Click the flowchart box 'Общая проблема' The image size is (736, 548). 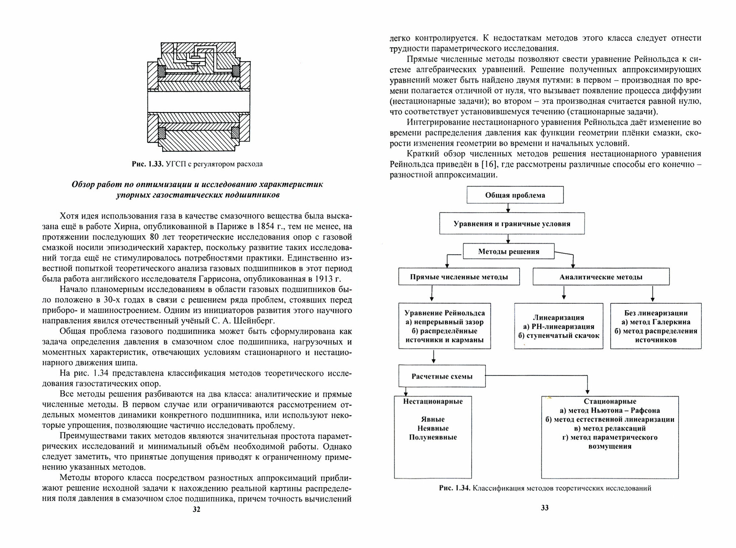pyautogui.click(x=515, y=195)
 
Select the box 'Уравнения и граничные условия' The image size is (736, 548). pyautogui.click(x=512, y=224)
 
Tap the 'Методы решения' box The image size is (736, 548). pyautogui.click(x=509, y=252)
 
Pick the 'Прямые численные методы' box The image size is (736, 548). pyautogui.click(x=459, y=277)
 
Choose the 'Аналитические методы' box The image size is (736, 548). pyautogui.click(x=601, y=277)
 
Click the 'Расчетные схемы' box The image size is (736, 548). pyautogui.click(x=442, y=376)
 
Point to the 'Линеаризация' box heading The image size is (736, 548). pyautogui.click(x=559, y=317)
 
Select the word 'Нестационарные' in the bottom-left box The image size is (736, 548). pyautogui.click(x=433, y=401)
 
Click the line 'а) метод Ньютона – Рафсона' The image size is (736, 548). pyautogui.click(x=610, y=410)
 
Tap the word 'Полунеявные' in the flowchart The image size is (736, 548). pyautogui.click(x=433, y=437)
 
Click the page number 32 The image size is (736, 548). pyautogui.click(x=197, y=509)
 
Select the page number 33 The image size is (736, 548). pyautogui.click(x=545, y=508)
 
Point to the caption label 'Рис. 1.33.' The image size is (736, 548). pyautogui.click(x=147, y=164)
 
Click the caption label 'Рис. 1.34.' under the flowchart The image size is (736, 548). pyautogui.click(x=454, y=488)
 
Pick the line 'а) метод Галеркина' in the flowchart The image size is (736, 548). pyautogui.click(x=656, y=322)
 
